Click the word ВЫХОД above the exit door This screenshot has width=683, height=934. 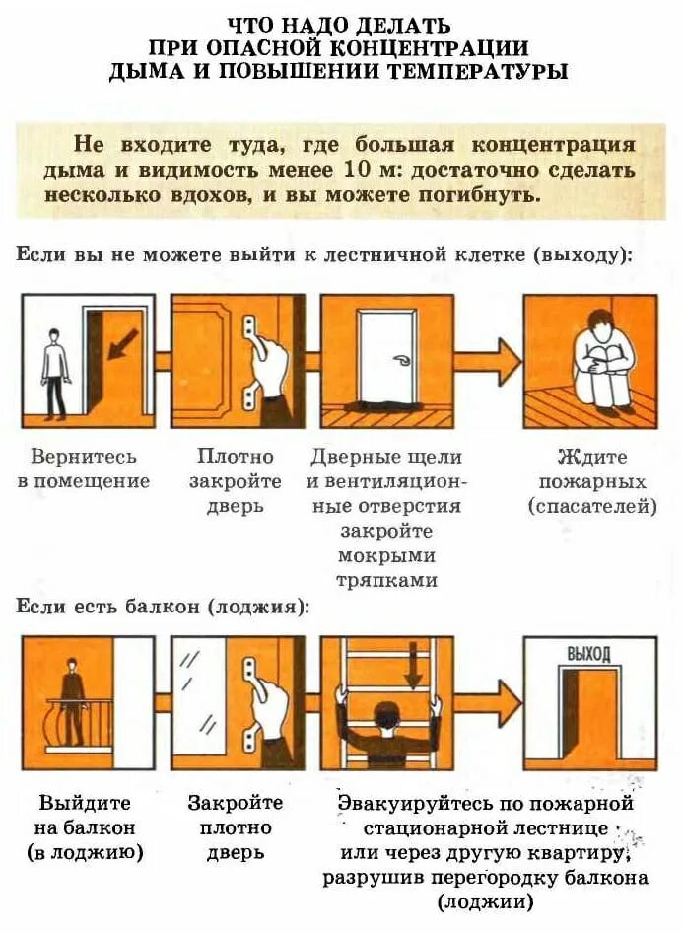pos(588,654)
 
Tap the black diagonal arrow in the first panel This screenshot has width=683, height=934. pos(122,346)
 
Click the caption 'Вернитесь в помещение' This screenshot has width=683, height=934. pos(84,469)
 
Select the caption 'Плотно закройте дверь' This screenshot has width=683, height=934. pos(236,481)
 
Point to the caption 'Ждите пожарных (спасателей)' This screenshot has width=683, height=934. pos(592,481)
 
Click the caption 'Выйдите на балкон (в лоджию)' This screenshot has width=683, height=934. pos(86,827)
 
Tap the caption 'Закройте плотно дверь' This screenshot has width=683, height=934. pos(236,827)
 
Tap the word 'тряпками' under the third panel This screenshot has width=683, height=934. pos(387,581)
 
